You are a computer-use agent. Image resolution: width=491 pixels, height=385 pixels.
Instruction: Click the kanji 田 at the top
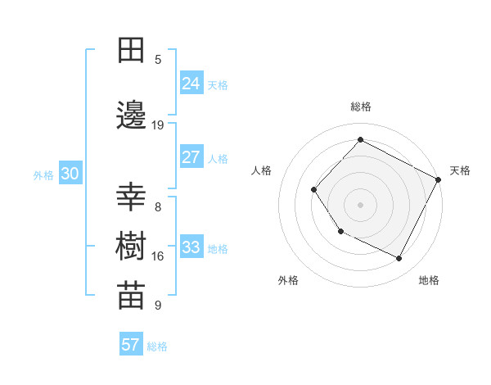(131, 52)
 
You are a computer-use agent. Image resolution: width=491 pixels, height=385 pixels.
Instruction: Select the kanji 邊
(131, 117)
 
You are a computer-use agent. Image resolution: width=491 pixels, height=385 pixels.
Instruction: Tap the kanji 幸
(131, 199)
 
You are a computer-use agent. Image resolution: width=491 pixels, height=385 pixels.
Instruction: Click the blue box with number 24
(191, 83)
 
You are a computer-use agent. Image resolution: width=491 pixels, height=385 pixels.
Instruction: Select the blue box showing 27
(191, 157)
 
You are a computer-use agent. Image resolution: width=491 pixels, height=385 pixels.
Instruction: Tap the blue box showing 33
(191, 247)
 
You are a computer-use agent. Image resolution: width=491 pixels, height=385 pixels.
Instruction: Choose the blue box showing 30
(70, 174)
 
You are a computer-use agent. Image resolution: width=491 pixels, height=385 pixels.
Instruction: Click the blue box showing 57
(131, 345)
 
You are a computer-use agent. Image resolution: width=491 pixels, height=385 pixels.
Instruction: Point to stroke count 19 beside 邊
(158, 125)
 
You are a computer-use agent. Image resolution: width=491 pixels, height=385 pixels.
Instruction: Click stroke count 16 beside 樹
(158, 256)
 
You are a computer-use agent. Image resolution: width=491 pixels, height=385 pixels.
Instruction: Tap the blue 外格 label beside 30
(43, 175)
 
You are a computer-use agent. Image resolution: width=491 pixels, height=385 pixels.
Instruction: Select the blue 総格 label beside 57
(157, 346)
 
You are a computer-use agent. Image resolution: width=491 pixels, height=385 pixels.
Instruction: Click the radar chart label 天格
(460, 170)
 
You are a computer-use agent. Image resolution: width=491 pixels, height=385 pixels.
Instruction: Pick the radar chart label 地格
(429, 280)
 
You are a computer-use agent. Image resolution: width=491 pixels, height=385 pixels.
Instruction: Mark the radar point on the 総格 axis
(360, 140)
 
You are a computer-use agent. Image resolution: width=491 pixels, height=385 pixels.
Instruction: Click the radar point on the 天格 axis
(439, 179)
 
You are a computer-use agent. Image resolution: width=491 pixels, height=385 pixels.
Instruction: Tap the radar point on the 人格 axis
(314, 190)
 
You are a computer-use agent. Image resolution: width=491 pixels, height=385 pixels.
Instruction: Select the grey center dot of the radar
(360, 204)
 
